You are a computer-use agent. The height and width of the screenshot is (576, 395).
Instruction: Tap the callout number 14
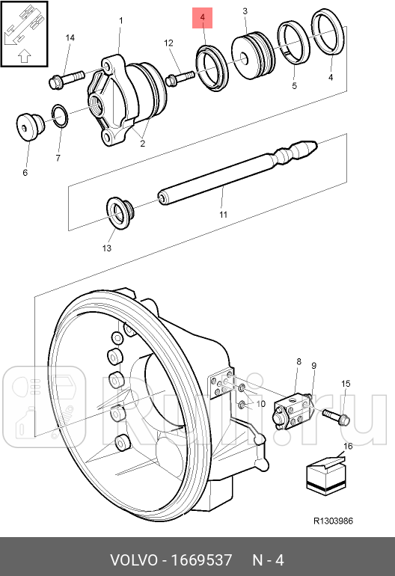pos(70,37)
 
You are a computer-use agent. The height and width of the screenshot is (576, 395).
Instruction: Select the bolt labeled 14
pos(66,77)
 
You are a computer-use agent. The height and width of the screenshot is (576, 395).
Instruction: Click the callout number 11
pos(222,215)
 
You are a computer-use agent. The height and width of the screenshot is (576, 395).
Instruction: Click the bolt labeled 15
pos(334,416)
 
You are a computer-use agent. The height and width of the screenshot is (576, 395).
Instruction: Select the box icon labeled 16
pos(324,476)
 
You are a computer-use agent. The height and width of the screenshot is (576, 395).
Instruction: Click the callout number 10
pos(260,404)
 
